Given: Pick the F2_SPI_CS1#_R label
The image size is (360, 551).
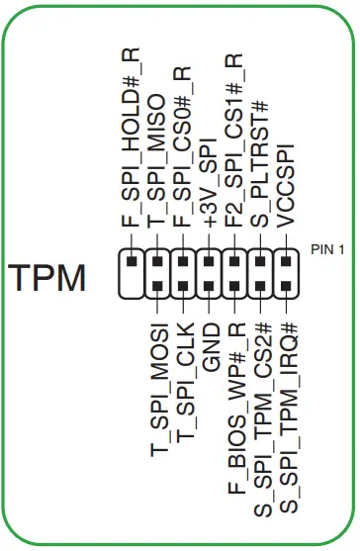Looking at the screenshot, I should pyautogui.click(x=234, y=144).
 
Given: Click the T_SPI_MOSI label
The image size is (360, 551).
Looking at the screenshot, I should pyautogui.click(x=158, y=390).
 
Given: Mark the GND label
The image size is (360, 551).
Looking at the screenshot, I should pyautogui.click(x=210, y=346).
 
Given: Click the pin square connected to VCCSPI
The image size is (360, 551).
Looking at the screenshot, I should pyautogui.click(x=286, y=264).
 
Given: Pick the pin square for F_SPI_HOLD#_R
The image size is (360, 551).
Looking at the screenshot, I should pyautogui.click(x=132, y=264).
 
